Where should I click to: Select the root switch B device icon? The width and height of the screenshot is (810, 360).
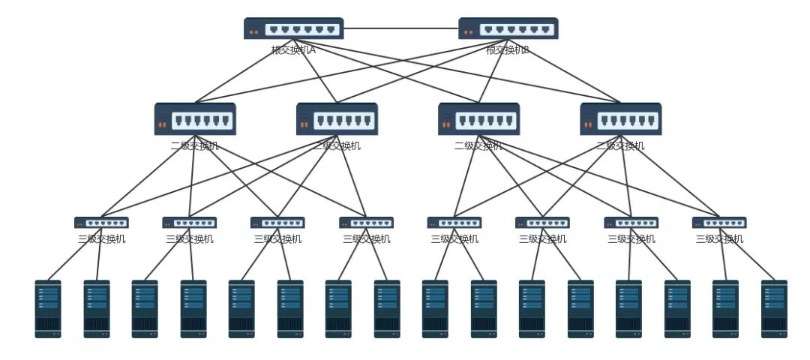click(x=508, y=28)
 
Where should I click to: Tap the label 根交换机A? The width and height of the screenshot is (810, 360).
click(x=293, y=50)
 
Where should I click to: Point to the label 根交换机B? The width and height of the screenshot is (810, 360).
click(x=508, y=50)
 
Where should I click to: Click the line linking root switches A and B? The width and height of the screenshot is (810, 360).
click(x=400, y=28)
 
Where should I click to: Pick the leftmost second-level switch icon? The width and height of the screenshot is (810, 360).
click(x=195, y=118)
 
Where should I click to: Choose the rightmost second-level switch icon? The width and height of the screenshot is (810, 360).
click(x=620, y=118)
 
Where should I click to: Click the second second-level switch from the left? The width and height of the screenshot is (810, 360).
click(x=337, y=118)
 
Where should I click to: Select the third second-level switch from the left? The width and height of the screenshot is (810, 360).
click(x=478, y=118)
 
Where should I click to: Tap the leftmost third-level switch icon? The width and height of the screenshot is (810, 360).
click(x=101, y=223)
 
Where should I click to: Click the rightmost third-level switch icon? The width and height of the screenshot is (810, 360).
click(x=719, y=223)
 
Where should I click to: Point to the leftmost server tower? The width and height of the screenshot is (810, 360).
click(x=48, y=308)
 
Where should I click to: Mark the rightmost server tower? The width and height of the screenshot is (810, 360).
click(x=774, y=308)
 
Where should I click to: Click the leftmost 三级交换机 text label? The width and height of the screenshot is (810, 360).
click(x=101, y=239)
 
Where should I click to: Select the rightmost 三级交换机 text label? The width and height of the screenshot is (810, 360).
click(x=719, y=239)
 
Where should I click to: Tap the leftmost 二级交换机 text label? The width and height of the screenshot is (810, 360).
click(x=195, y=145)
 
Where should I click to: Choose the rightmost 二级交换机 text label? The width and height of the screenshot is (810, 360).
click(x=620, y=145)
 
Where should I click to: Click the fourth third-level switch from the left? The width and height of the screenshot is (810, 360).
click(x=366, y=223)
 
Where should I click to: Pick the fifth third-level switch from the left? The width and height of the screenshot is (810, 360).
click(x=454, y=223)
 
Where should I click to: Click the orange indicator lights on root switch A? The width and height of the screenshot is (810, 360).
click(x=253, y=32)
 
